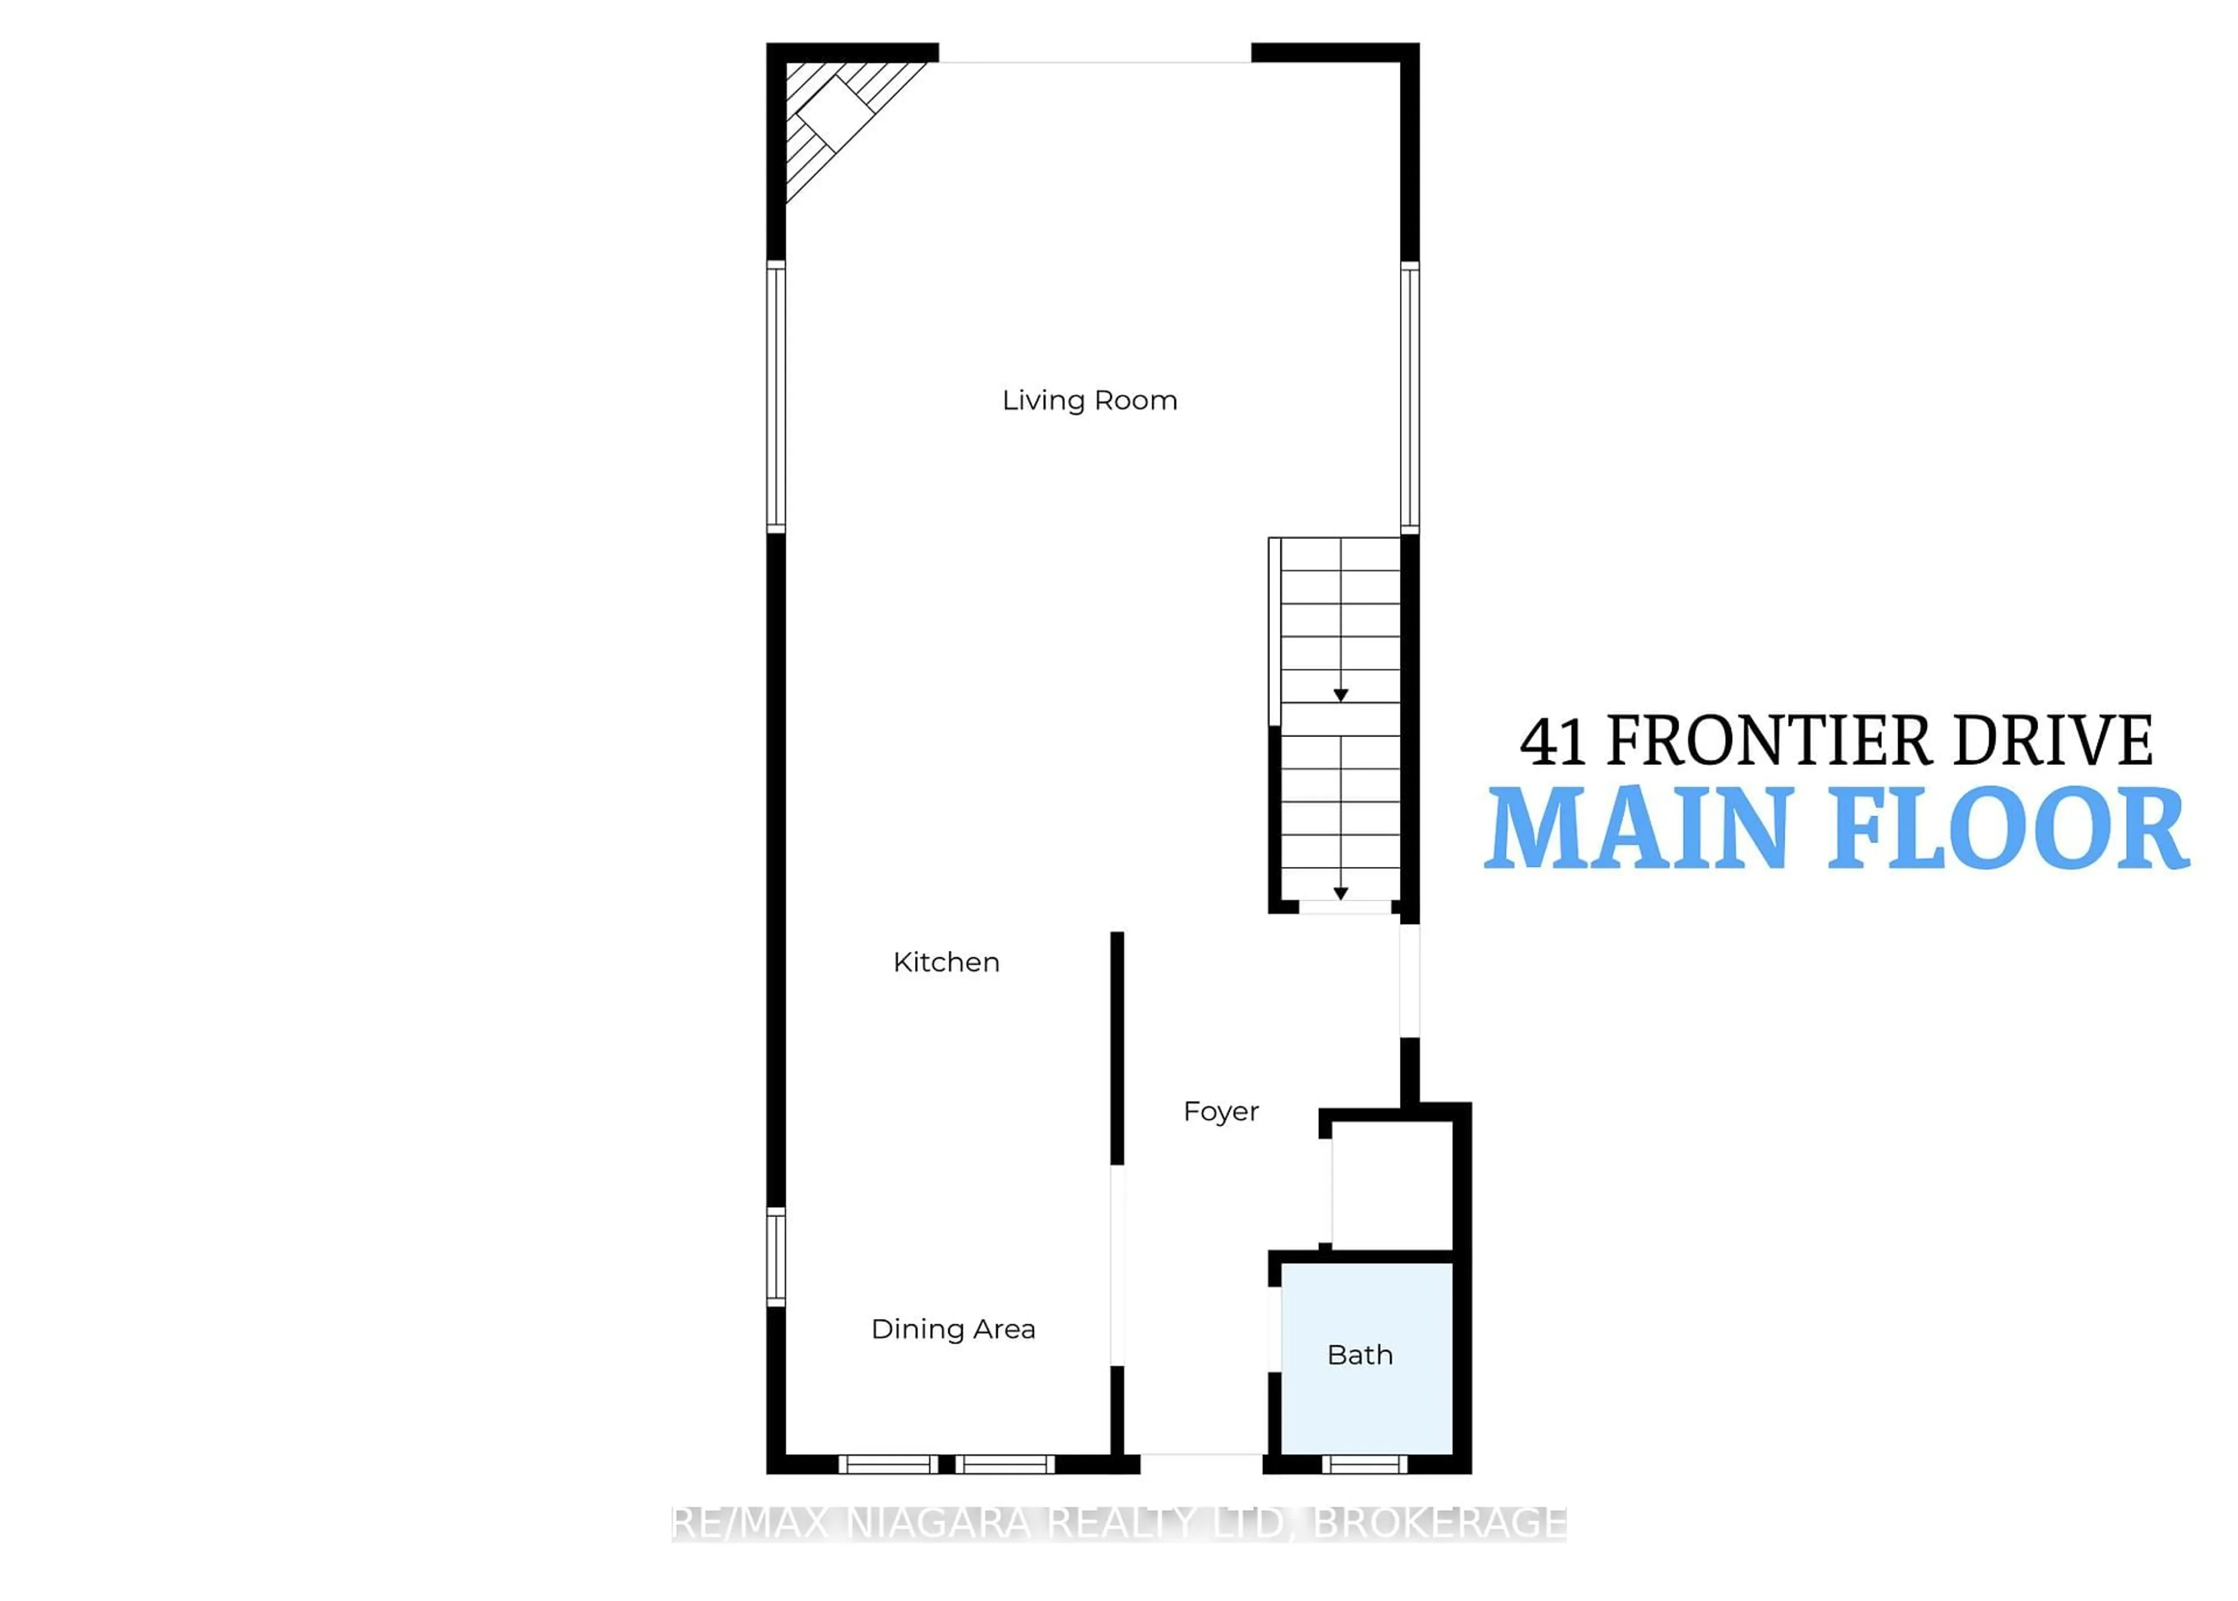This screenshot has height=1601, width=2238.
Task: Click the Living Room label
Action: coord(1089,400)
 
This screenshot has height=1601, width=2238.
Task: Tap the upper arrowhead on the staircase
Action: coord(1341,695)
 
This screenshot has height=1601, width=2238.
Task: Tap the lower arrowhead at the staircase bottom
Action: coord(1341,893)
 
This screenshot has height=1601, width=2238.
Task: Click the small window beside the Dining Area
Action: coord(776,1257)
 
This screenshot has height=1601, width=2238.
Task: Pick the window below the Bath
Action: coord(1364,1464)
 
